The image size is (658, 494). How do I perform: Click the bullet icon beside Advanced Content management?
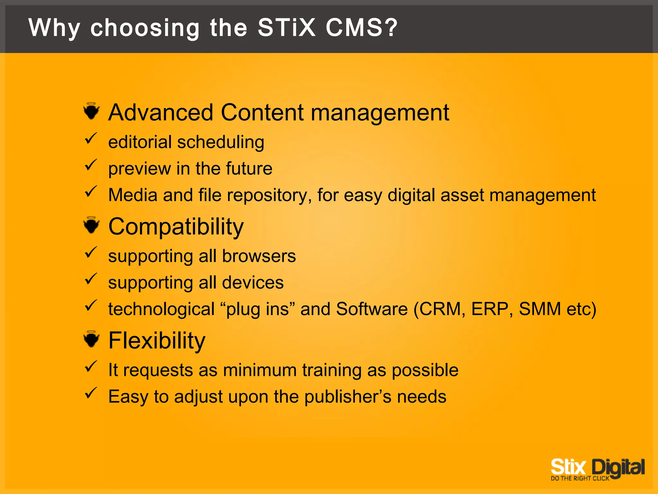point(92,111)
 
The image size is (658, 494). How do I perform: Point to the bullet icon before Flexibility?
point(92,339)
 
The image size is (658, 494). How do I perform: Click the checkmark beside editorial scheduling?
point(91,139)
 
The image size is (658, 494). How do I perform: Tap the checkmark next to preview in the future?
point(91,165)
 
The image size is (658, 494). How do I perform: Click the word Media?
point(133,195)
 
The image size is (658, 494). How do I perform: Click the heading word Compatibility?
point(176,227)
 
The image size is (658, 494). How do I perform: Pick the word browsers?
point(259,256)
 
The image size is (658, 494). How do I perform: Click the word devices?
point(253,282)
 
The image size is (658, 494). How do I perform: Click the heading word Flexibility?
point(156,341)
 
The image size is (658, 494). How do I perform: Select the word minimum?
point(260,370)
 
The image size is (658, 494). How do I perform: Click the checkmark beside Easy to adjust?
point(91,393)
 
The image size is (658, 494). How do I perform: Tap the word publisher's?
point(348,397)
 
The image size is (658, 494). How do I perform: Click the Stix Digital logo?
point(597,469)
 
